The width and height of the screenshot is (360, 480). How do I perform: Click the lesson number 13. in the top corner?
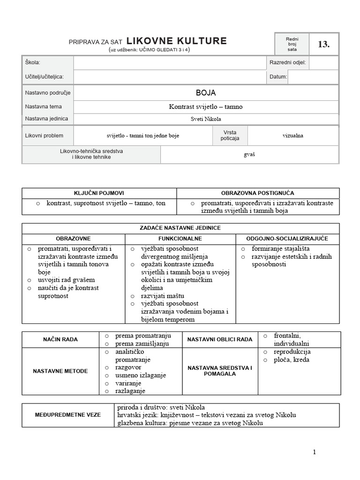click(324, 45)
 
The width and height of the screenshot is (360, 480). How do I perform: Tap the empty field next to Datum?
click(313, 76)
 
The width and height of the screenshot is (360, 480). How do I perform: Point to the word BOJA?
click(206, 93)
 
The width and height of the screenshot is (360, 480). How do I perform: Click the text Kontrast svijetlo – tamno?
click(206, 107)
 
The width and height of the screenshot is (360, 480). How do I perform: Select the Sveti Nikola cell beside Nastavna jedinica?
click(206, 119)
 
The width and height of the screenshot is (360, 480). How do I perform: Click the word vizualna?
click(293, 136)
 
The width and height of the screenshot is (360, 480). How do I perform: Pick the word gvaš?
click(249, 154)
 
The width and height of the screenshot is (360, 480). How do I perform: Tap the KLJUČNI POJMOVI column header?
click(99, 193)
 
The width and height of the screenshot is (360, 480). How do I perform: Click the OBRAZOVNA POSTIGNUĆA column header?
click(258, 193)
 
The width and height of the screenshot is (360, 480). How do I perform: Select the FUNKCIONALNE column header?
click(180, 239)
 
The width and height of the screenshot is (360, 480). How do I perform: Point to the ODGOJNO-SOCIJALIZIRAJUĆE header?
click(288, 239)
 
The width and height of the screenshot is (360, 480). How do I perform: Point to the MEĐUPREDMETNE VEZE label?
click(67, 415)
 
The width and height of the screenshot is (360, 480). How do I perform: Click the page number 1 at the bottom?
click(315, 452)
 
